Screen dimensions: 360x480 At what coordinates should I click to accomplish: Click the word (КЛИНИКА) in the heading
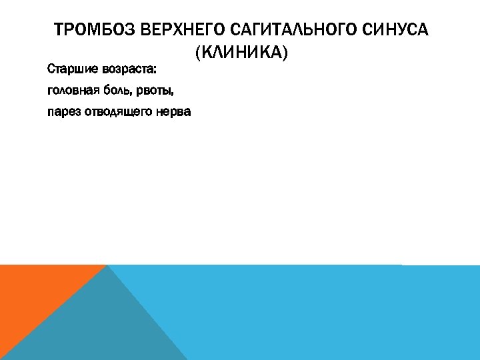241,51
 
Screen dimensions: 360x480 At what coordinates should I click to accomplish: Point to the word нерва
173,111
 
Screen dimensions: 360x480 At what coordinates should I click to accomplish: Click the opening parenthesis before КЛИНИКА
198,51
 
